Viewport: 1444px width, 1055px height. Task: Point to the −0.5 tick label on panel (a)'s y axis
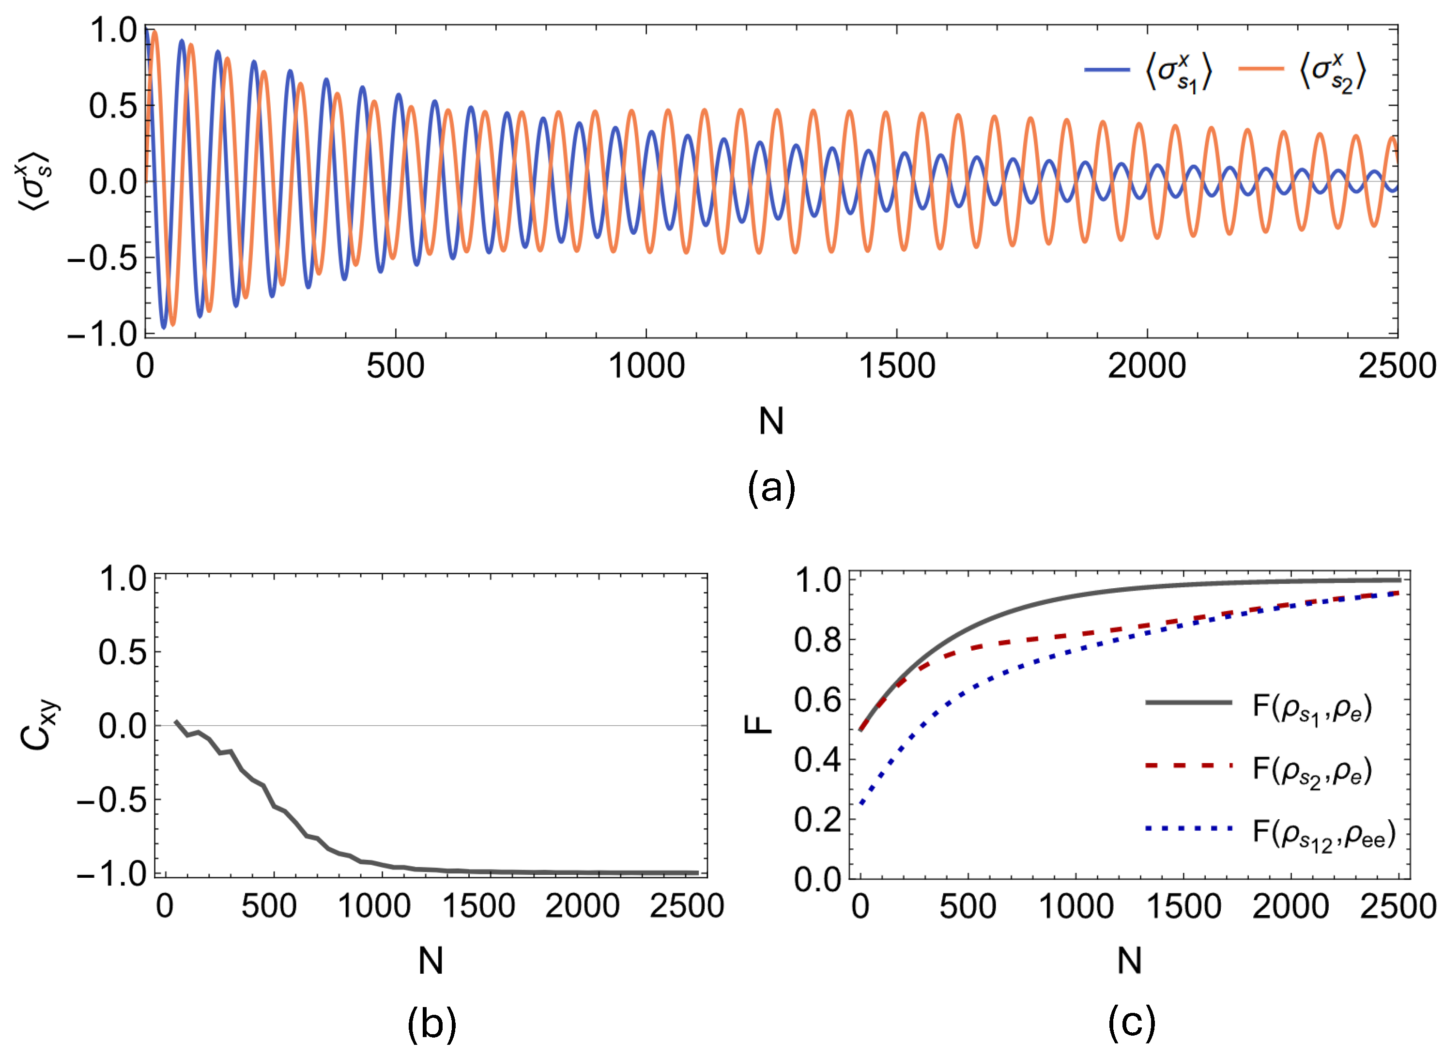102,258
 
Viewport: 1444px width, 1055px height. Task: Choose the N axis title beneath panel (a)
771,422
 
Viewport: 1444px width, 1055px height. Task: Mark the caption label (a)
771,489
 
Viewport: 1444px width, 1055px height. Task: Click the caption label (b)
432,1023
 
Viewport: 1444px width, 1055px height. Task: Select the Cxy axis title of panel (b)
38,725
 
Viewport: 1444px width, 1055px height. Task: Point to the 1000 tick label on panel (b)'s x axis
374,906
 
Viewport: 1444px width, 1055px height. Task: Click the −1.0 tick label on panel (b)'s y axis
112,873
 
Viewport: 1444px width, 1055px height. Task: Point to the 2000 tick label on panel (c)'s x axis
1290,906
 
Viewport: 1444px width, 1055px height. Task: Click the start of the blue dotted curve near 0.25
861,803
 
